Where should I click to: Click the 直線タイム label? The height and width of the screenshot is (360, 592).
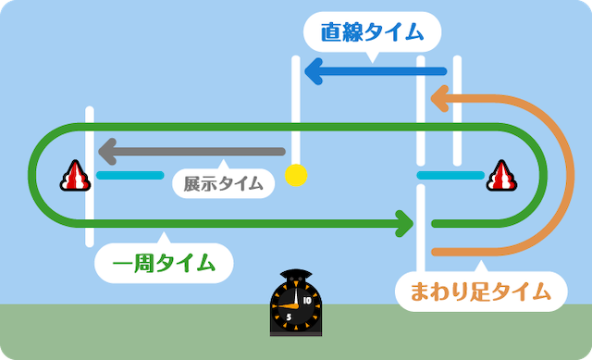tap(372, 32)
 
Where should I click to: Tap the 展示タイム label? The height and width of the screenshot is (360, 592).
tap(223, 184)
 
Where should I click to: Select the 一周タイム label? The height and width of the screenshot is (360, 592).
tap(164, 264)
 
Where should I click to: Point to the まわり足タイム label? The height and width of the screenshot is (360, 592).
tap(481, 292)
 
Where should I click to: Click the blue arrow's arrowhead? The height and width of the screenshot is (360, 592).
tap(314, 71)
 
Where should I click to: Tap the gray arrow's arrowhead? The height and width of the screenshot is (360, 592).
tap(107, 152)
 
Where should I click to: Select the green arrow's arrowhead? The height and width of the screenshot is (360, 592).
tap(404, 224)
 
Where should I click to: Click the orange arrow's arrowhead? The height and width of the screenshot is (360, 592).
tap(439, 99)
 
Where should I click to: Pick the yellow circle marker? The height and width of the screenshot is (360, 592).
tap(296, 175)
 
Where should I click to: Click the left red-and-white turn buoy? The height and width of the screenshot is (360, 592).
tap(75, 176)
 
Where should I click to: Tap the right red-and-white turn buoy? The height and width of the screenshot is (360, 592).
tap(501, 176)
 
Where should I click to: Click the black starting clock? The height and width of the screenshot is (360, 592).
tap(296, 303)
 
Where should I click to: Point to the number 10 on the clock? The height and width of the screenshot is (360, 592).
tap(307, 301)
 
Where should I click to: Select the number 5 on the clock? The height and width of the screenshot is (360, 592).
tap(289, 317)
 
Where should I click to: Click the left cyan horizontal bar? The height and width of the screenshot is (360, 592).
tap(129, 175)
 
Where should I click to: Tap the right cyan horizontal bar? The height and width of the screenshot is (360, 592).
tap(450, 175)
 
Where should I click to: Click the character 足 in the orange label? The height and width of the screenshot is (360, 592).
tap(480, 292)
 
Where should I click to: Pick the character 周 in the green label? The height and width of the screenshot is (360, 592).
tap(143, 264)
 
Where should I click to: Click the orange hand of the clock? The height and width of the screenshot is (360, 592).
tap(289, 305)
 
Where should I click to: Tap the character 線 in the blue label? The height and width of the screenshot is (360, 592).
tap(351, 32)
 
